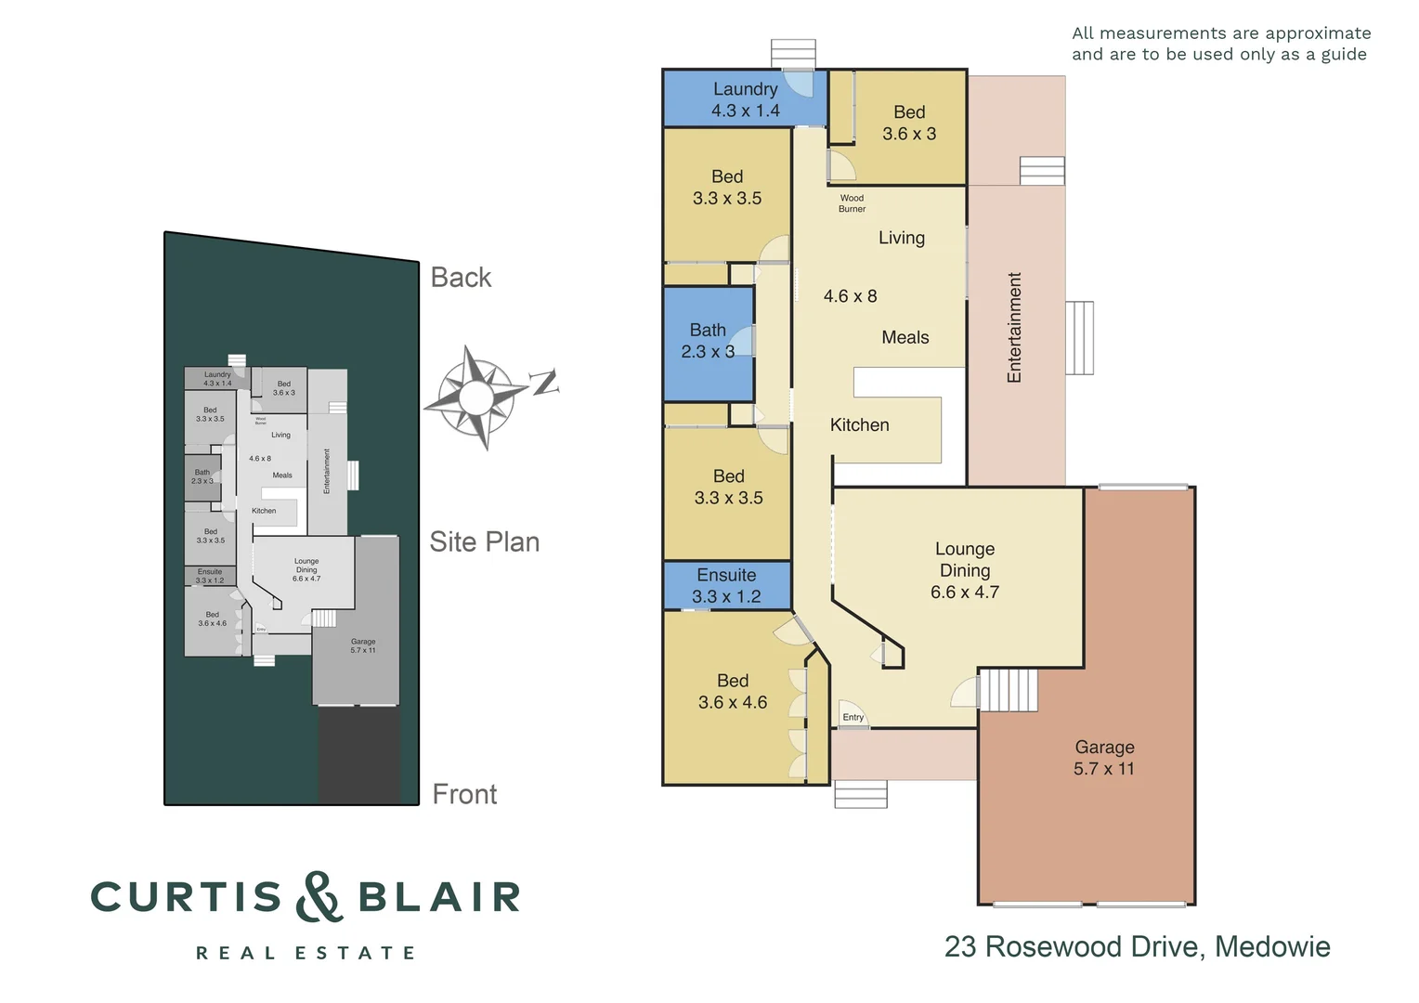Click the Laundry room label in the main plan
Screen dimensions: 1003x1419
pyautogui.click(x=745, y=99)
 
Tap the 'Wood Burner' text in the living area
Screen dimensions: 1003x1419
pyautogui.click(x=852, y=203)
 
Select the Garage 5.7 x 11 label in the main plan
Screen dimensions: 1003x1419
pyautogui.click(x=1104, y=758)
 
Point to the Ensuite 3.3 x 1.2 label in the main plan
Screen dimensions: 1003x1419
pyautogui.click(x=726, y=586)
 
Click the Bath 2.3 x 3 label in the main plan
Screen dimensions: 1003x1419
pyautogui.click(x=708, y=341)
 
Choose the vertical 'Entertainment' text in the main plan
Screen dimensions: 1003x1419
pyautogui.click(x=1014, y=327)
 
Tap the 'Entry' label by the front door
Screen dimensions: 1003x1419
pyautogui.click(x=853, y=717)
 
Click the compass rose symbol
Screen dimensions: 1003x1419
pyautogui.click(x=476, y=397)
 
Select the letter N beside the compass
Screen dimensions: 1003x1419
pyautogui.click(x=544, y=382)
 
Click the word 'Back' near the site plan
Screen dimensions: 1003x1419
pyautogui.click(x=461, y=278)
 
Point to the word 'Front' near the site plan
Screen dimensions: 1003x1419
pyautogui.click(x=464, y=794)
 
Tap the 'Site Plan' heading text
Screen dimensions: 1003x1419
pyautogui.click(x=484, y=541)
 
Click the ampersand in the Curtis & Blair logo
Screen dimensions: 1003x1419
pyautogui.click(x=319, y=896)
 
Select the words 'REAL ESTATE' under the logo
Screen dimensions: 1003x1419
pyautogui.click(x=306, y=953)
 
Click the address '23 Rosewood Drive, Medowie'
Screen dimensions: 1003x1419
pyautogui.click(x=1137, y=946)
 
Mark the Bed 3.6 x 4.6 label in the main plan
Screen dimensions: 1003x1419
pyautogui.click(x=733, y=692)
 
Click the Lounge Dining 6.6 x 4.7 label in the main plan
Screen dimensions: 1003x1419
pyautogui.click(x=965, y=570)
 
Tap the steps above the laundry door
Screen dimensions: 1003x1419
pyautogui.click(x=793, y=53)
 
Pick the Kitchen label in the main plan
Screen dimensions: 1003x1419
pyautogui.click(x=859, y=424)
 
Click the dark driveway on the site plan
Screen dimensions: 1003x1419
pyautogui.click(x=359, y=754)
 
